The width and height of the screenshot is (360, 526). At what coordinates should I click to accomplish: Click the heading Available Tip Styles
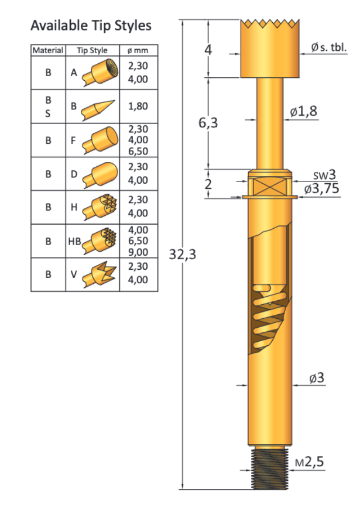click(91, 26)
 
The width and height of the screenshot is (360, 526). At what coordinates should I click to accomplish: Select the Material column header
click(48, 51)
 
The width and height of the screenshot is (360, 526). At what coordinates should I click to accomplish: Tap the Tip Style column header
click(93, 51)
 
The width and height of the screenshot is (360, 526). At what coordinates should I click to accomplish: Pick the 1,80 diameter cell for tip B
click(138, 106)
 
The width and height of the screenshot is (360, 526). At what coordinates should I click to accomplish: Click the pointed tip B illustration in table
click(99, 107)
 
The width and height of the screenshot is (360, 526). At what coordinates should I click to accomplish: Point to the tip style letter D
click(74, 174)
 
